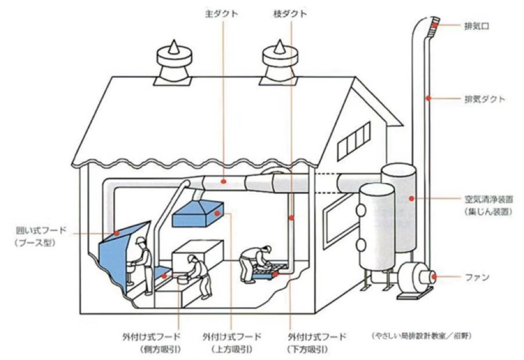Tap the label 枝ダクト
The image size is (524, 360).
[x=290, y=13]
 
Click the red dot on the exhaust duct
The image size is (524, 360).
[x=429, y=99]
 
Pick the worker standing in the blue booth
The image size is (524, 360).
[x=143, y=264]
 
